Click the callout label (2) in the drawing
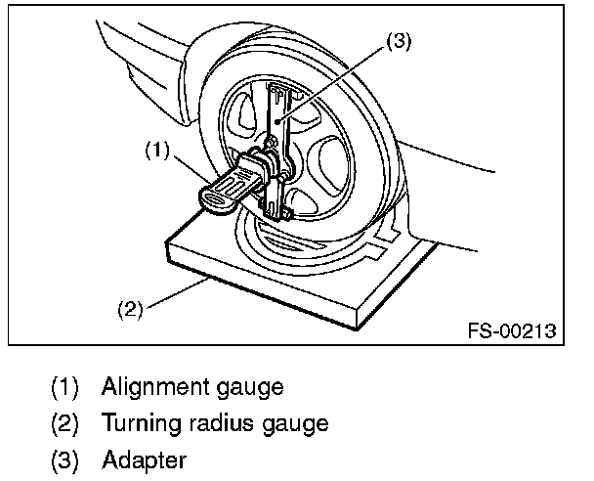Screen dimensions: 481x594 point(131,310)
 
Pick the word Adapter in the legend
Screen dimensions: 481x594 point(144,459)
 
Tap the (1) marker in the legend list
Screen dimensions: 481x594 point(65,387)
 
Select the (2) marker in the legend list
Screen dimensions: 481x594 point(65,423)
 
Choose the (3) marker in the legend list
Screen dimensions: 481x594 point(65,459)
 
